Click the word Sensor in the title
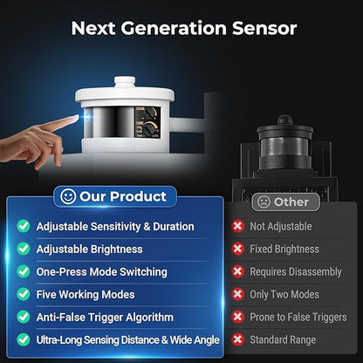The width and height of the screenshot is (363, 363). tap(264, 28)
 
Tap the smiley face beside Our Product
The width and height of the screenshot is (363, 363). tap(68, 196)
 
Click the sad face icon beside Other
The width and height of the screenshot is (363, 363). tap(264, 202)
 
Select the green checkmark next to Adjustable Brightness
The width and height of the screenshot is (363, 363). tap(24, 249)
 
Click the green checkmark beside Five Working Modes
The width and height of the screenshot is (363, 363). tap(24, 294)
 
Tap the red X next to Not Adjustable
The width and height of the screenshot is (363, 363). tap(237, 226)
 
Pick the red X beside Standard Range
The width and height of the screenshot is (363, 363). tap(237, 339)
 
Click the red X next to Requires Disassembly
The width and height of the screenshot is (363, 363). tap(237, 271)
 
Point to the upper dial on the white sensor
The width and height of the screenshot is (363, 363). tap(150, 112)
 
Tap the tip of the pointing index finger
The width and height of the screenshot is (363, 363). tap(77, 117)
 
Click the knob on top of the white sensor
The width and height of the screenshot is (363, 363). tap(125, 82)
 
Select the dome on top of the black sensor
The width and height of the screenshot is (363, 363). tap(284, 120)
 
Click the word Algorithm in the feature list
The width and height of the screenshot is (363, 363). tap(149, 318)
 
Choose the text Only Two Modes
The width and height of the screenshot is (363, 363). tap(284, 294)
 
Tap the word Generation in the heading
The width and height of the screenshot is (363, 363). tap(174, 28)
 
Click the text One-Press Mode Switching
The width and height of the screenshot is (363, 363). tap(102, 272)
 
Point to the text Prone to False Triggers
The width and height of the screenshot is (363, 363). tap(298, 317)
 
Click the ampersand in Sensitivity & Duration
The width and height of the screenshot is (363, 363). tap(147, 227)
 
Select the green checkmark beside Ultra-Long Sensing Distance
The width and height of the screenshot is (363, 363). tap(24, 339)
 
